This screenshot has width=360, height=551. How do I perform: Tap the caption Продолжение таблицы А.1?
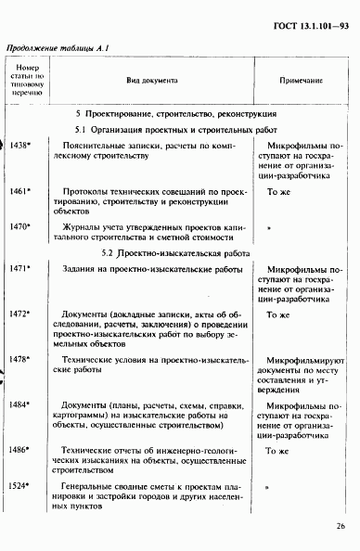tap(58, 49)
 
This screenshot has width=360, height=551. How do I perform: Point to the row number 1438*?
tap(21, 146)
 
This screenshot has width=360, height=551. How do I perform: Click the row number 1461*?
tap(21, 190)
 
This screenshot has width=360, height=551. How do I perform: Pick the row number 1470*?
tap(21, 225)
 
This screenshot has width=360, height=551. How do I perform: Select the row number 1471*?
tap(21, 268)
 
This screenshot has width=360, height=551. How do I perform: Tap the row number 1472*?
tap(21, 314)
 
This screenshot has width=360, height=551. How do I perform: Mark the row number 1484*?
tap(21, 404)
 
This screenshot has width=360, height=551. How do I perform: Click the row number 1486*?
tap(21, 449)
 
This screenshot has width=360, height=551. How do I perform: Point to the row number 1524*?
tap(21, 484)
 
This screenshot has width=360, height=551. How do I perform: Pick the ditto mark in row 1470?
tap(269, 226)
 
